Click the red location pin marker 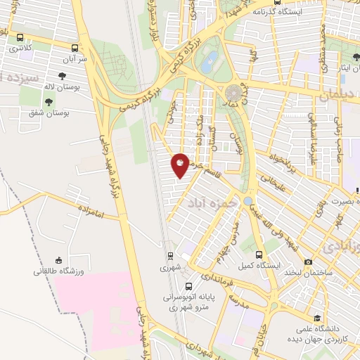181,166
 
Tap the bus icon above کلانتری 20,37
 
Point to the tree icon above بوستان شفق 49,102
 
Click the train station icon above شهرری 170,257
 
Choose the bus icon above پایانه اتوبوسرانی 189,286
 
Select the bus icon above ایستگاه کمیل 259,255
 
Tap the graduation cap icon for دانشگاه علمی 318,318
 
